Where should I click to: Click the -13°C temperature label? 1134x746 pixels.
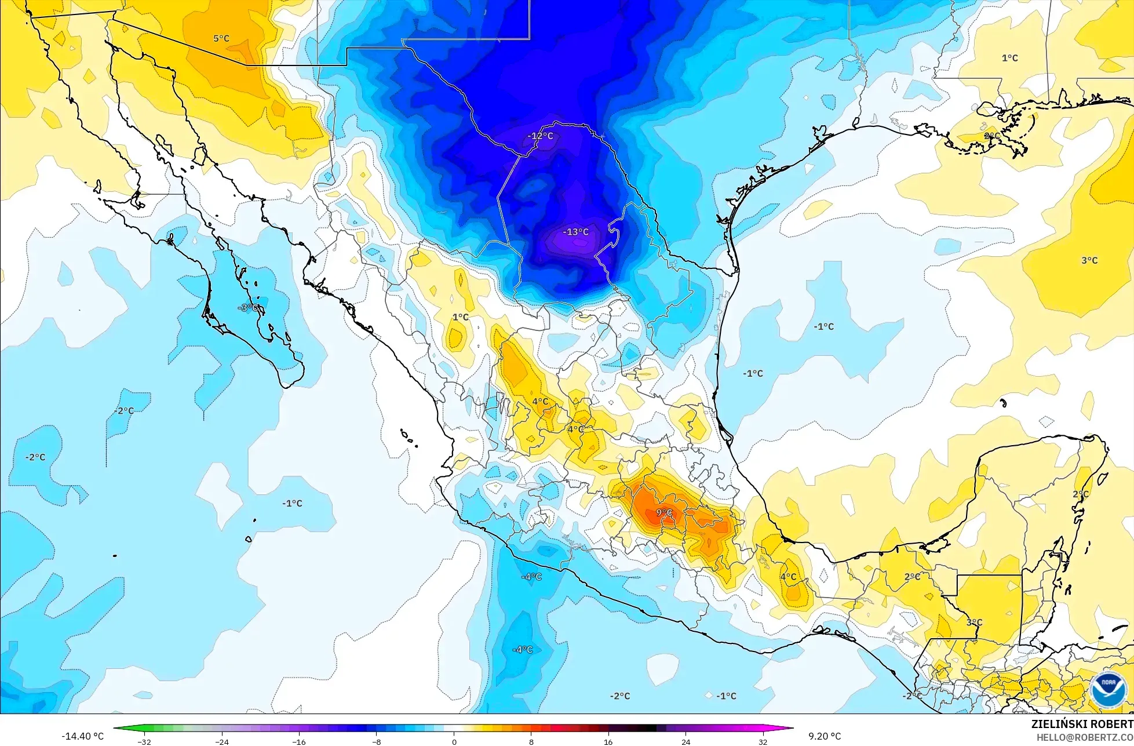coord(575,232)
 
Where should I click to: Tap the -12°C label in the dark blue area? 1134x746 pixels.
coord(540,136)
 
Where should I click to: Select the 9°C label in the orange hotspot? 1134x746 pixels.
coord(664,512)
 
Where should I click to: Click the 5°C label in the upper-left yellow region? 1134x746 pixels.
coord(221,38)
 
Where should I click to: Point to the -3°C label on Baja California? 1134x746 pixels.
coord(249,308)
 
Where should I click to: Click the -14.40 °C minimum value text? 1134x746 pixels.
coord(83,736)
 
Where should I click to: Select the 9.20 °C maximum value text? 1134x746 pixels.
coord(824,736)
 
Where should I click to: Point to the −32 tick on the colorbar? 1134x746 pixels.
coord(144,741)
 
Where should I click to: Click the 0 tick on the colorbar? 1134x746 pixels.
coord(454,741)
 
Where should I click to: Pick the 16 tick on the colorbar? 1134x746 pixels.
coord(608,741)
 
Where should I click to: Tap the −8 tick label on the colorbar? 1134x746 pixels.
coord(376,741)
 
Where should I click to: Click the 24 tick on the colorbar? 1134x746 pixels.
coord(685,741)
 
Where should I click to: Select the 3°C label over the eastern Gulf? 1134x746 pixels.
coord(1089,260)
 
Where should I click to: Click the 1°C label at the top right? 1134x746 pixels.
coord(1010,58)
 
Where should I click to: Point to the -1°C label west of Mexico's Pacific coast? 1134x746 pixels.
coord(293,503)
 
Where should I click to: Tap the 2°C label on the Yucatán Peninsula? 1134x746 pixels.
coord(1080,494)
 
